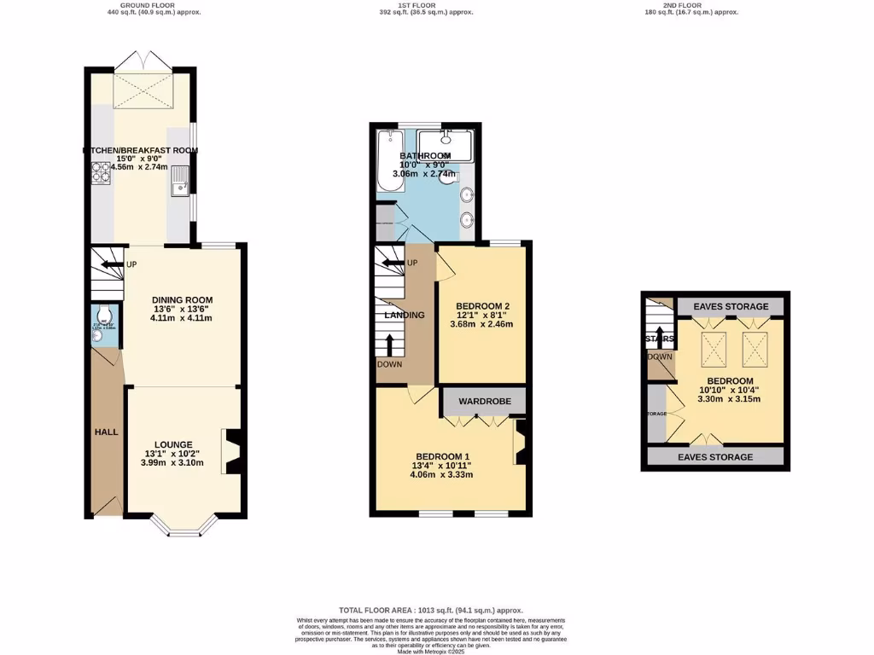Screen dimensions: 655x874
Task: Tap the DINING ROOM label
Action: (x=181, y=299)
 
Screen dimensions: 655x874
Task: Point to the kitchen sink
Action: (x=181, y=182)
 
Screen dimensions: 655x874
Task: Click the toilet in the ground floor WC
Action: (x=100, y=313)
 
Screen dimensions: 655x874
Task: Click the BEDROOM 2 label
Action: (x=482, y=306)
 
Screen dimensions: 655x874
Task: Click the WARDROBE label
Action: (x=484, y=401)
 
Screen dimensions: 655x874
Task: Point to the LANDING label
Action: (x=404, y=315)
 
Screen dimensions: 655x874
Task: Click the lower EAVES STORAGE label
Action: (x=716, y=457)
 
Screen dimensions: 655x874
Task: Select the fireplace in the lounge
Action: (x=230, y=449)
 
